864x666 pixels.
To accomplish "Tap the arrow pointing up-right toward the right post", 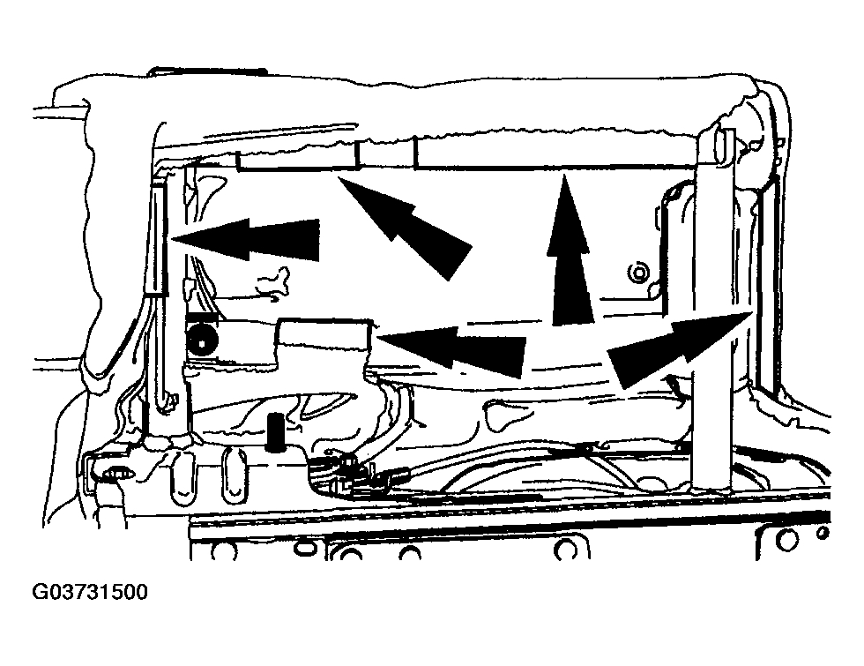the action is coord(680,349).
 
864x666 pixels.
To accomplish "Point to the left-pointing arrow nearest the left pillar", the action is coord(246,239).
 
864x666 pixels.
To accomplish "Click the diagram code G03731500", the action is coord(90,592).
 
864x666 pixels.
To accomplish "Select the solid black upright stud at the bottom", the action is coord(275,433).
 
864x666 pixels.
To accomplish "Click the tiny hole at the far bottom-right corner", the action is coord(823,533).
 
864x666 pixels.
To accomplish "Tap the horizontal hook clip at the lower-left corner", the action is coord(116,472).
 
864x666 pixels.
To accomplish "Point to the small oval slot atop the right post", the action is coord(721,142).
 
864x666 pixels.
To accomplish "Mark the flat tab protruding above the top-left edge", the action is coord(207,71).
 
